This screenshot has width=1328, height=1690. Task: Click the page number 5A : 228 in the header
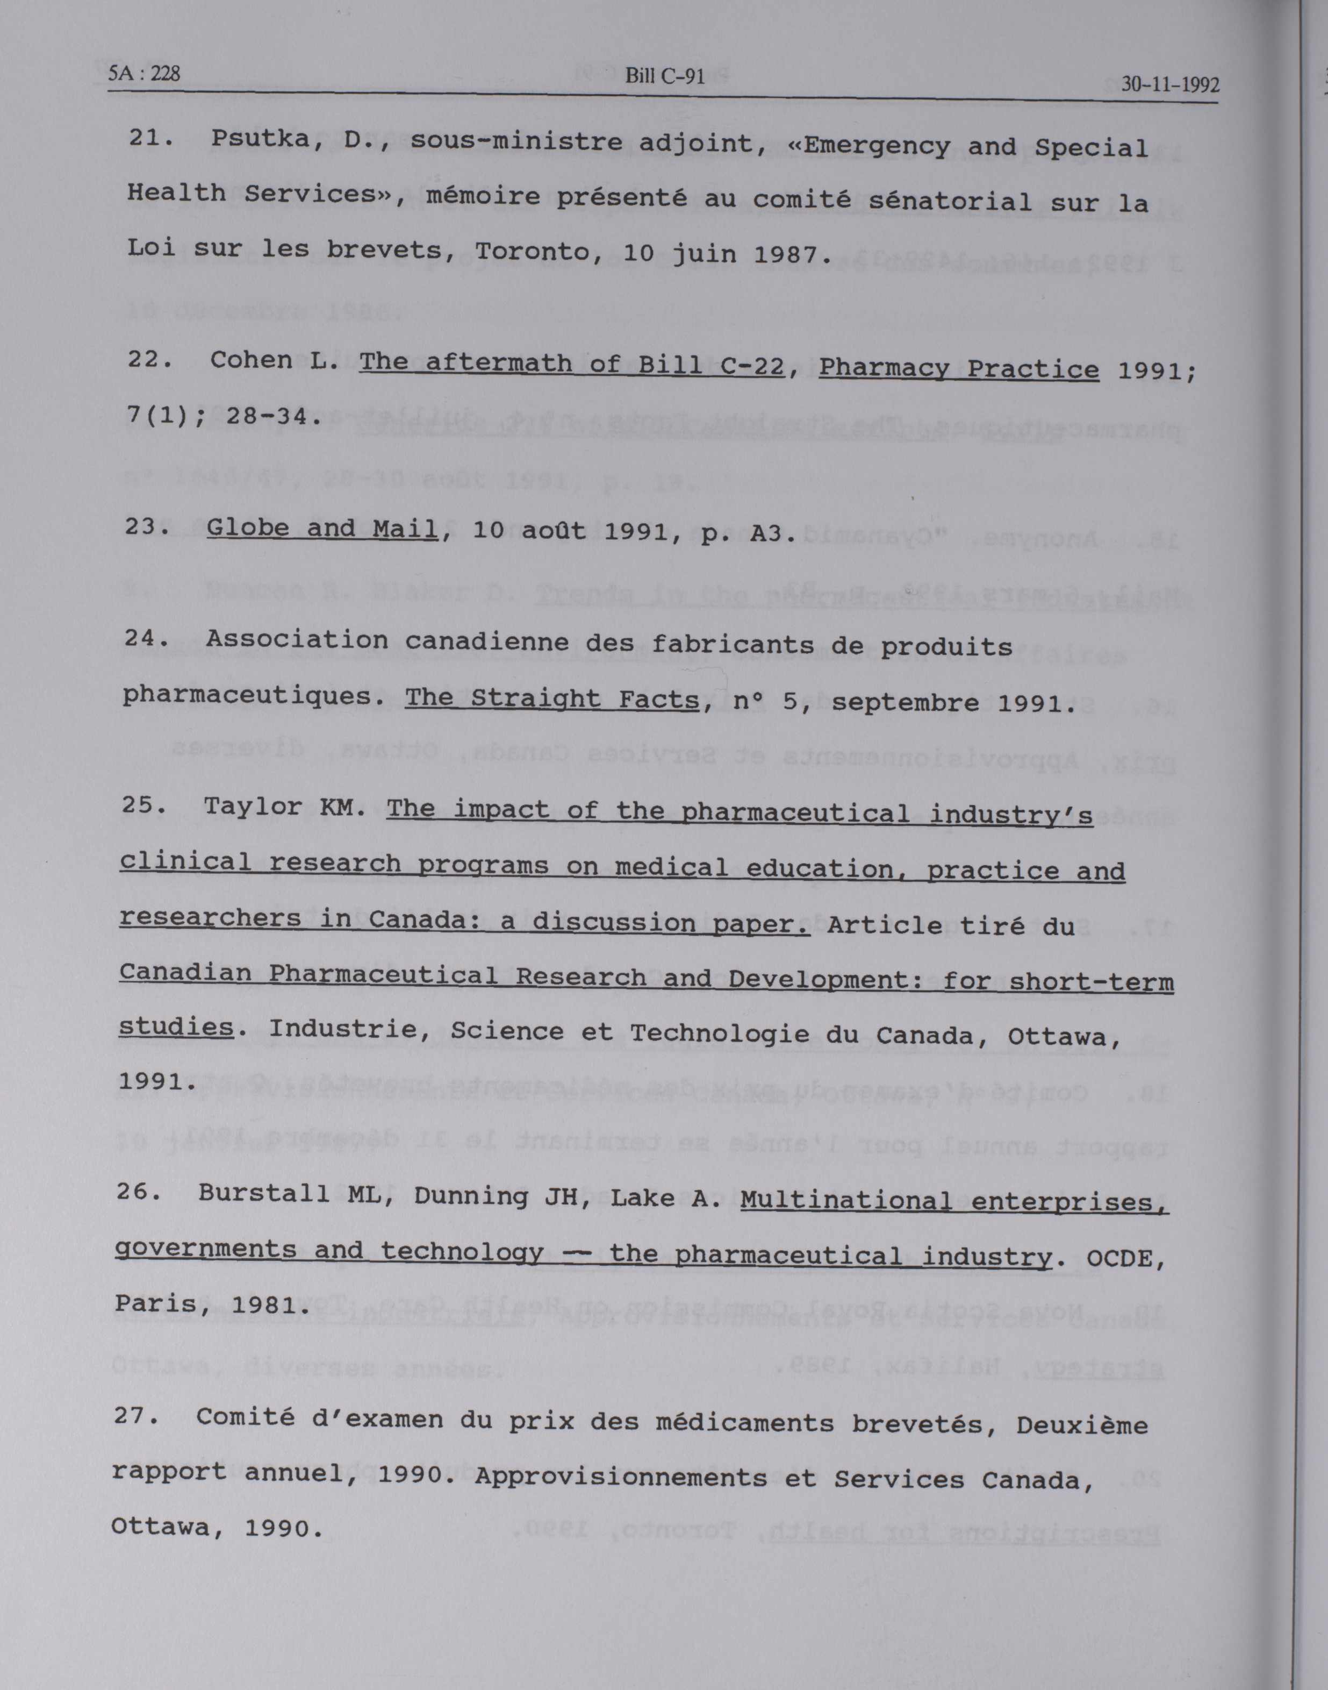pos(145,74)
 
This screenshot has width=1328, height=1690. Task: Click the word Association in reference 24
pos(297,639)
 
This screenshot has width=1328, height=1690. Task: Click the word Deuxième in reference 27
pos(1081,1425)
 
